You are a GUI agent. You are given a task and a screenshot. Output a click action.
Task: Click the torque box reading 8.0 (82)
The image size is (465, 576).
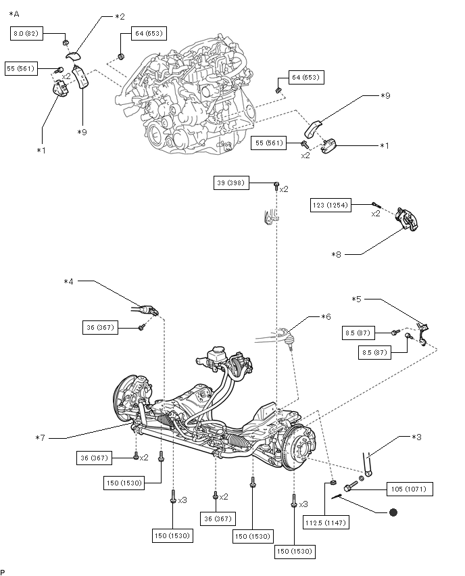26,34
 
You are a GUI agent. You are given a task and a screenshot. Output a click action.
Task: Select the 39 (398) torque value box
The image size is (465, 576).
231,183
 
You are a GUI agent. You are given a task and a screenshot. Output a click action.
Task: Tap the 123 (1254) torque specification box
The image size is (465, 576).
331,205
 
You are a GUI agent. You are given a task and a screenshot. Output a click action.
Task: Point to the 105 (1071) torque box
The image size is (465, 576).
409,489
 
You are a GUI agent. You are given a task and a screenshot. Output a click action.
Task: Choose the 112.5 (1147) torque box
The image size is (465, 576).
326,523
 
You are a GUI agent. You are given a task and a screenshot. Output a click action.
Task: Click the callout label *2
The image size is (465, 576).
120,16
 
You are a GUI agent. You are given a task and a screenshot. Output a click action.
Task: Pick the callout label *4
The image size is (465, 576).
68,281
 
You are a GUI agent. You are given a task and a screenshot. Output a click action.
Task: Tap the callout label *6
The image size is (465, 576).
326,316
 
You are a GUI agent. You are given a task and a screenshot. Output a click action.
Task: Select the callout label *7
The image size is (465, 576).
40,438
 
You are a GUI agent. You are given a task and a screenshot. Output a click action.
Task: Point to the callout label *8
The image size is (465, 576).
336,255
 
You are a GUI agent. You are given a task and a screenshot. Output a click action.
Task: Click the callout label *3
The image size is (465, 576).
416,437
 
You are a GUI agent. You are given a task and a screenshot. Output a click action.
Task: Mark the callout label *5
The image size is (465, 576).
356,299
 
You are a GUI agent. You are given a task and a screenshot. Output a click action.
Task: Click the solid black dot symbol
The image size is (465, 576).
393,512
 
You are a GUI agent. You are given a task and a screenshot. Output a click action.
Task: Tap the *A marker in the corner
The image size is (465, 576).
14,14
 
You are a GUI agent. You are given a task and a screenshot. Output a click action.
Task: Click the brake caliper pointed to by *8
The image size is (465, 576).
407,219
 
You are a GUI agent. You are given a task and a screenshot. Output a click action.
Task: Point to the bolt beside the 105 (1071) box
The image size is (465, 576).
351,486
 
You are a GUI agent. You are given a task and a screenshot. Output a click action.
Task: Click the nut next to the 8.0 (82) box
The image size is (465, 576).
66,43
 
